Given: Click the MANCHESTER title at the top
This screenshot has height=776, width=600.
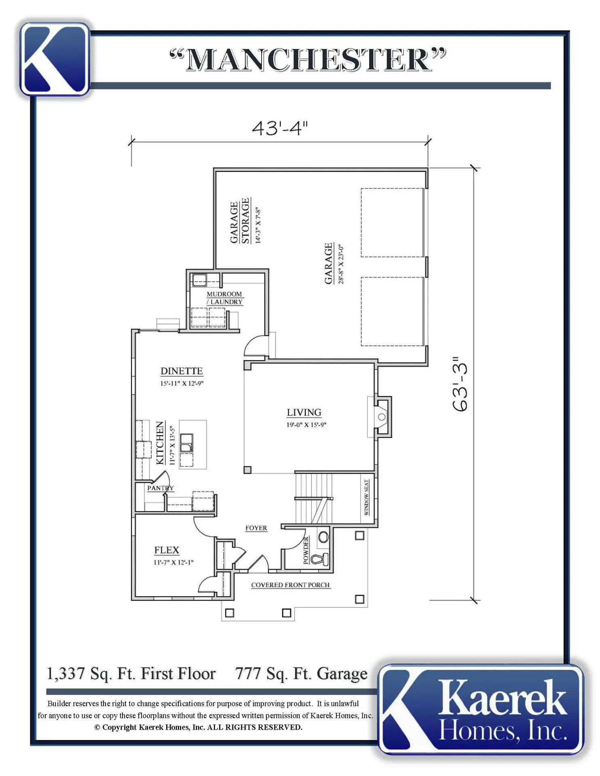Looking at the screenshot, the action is (x=308, y=60).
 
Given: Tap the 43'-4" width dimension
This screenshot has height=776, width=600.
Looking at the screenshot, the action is (x=280, y=128).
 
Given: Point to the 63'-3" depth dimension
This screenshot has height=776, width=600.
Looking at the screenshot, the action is (x=460, y=384).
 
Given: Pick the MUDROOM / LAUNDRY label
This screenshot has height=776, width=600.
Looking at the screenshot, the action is (x=224, y=298).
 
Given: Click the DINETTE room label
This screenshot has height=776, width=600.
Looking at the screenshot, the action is (x=182, y=371).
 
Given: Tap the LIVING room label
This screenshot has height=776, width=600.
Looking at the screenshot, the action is (x=304, y=412).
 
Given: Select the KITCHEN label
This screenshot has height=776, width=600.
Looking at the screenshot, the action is (x=161, y=443).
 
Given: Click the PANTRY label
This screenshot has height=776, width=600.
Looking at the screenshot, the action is (x=161, y=488).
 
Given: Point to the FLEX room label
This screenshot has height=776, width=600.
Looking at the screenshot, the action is (x=167, y=550).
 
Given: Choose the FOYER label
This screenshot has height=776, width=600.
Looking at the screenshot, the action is (x=256, y=528).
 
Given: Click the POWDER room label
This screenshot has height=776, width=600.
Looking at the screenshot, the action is (x=306, y=550).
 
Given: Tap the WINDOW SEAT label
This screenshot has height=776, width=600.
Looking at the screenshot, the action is (x=367, y=498).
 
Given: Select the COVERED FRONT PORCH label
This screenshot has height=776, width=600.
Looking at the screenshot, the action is (x=290, y=585).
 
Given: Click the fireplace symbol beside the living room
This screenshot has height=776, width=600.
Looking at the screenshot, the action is (x=382, y=417).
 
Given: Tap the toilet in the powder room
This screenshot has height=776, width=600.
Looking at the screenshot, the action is (x=319, y=560).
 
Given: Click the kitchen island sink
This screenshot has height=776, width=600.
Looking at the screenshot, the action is (x=187, y=443).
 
